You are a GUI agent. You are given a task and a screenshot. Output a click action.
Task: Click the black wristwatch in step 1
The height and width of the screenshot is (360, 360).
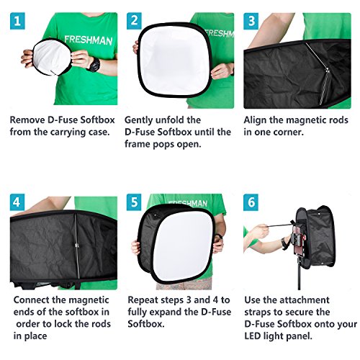coord(92,64)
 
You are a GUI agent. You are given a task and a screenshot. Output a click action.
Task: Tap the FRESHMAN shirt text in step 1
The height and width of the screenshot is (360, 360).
coord(87,41)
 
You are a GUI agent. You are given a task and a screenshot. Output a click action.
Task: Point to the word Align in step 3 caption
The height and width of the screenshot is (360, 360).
coord(257,120)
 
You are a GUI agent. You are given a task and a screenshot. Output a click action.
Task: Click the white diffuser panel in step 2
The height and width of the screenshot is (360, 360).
coord(176,61)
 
